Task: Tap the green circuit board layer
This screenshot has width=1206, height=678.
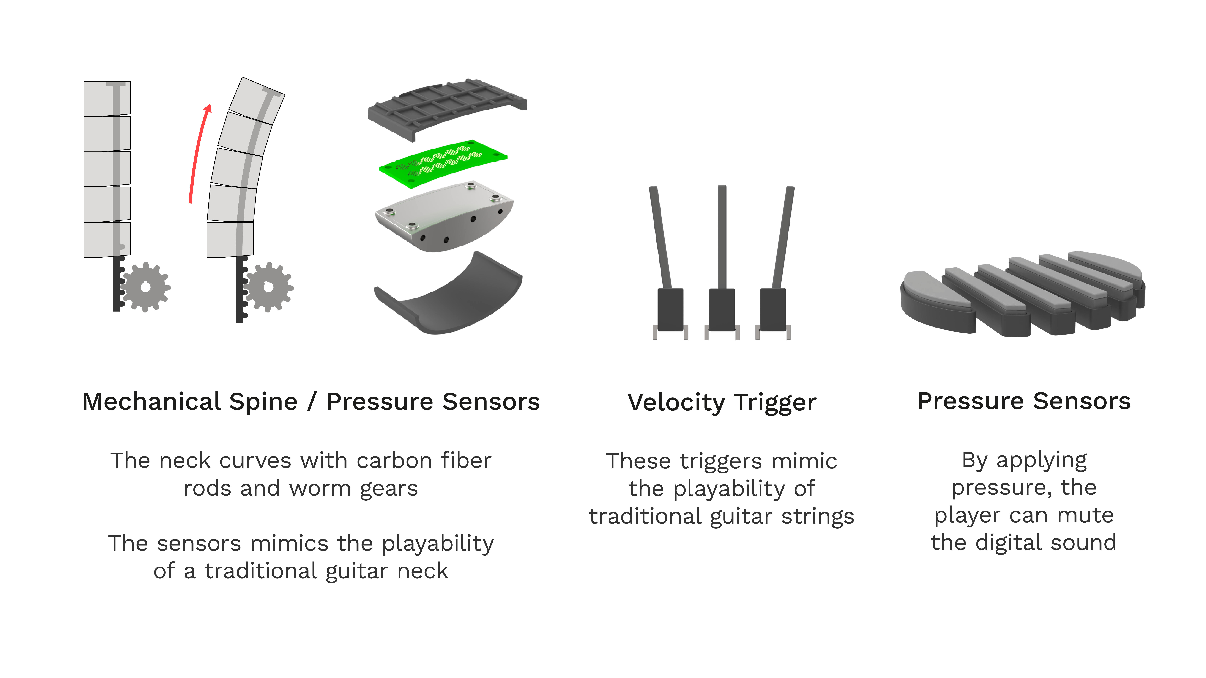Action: tap(443, 163)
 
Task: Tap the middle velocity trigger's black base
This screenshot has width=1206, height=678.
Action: tap(722, 310)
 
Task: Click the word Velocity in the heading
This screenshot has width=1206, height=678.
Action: tap(676, 403)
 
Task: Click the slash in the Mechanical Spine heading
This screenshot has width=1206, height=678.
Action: tap(312, 402)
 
